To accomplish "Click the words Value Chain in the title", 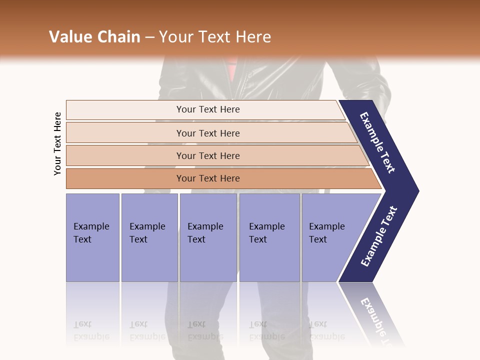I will point(94,37).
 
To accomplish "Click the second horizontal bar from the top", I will point(208,133).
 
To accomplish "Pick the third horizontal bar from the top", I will point(208,155).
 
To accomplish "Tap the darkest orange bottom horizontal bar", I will point(208,178).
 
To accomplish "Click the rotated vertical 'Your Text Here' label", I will point(57,143).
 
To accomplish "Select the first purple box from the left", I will point(92,237).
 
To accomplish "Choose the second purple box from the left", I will point(149,237).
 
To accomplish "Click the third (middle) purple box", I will point(208,237).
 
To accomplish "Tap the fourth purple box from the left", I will point(269,237).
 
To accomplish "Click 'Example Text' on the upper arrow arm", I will point(377,142).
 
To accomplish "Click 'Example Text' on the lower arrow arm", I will point(379,236).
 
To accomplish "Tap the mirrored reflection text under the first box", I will point(91,330).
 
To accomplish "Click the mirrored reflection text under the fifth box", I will point(326,330).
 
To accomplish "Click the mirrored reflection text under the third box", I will point(205,330).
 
